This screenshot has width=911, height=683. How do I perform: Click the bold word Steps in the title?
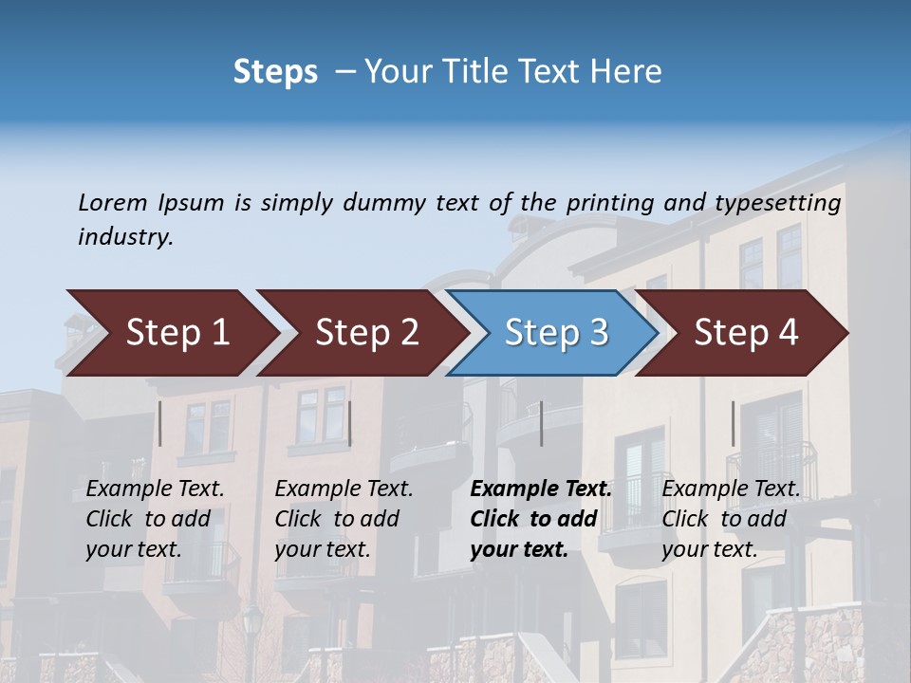(275, 72)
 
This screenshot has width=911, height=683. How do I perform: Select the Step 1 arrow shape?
(171, 333)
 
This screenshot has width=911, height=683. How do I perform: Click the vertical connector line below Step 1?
(160, 423)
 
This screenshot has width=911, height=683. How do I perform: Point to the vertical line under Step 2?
(350, 423)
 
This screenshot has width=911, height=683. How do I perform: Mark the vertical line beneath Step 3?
(541, 423)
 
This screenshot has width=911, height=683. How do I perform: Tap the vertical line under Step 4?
(733, 423)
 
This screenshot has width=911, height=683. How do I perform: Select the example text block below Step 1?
(155, 518)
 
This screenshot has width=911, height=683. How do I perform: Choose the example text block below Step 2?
(344, 518)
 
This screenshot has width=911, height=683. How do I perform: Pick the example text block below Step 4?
(731, 518)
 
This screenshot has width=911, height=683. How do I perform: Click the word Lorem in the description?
(113, 202)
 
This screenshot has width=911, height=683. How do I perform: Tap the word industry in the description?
(125, 237)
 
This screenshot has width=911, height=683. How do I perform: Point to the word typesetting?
(777, 203)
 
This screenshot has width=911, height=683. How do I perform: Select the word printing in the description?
(610, 203)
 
